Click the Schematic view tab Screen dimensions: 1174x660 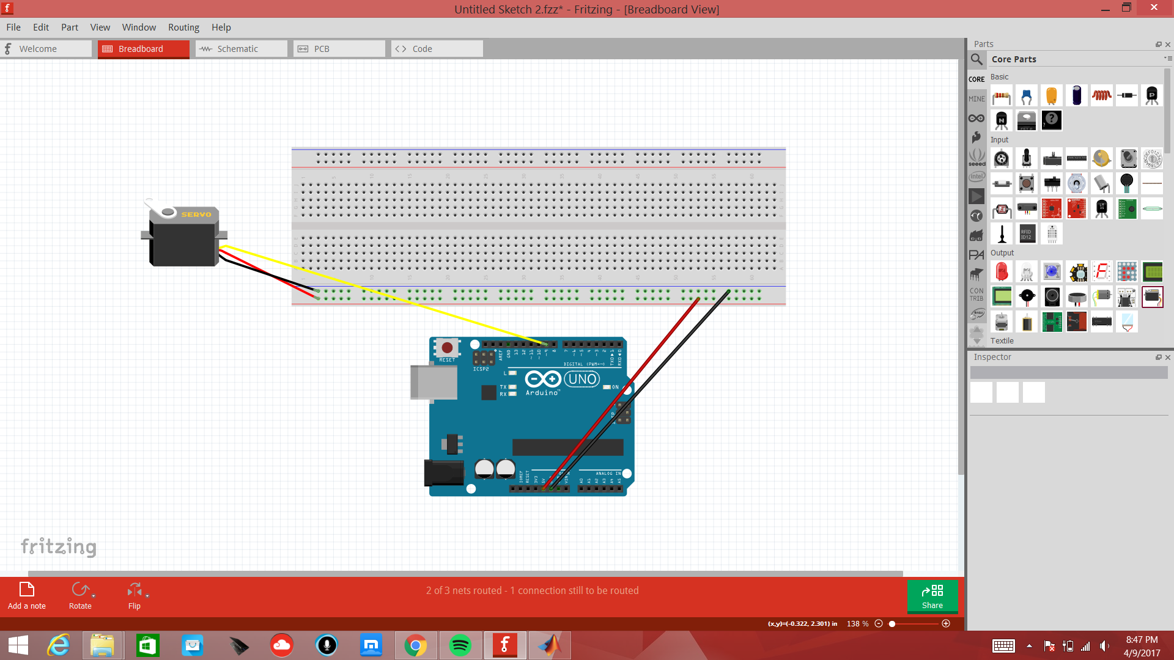tap(241, 49)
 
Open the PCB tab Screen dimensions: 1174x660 tap(339, 49)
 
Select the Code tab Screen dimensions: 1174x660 tap(437, 49)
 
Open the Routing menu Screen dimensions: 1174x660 tap(183, 28)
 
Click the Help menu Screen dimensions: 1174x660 tap(221, 28)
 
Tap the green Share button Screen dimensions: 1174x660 tap(932, 596)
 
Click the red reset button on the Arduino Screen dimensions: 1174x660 tap(447, 348)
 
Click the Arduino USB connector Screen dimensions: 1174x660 tap(434, 383)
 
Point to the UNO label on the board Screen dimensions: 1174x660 tap(581, 380)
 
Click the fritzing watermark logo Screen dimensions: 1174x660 tap(59, 546)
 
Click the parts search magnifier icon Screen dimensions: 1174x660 tap(976, 59)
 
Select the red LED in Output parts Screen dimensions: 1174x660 tap(1002, 271)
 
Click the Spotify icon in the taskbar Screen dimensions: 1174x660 tap(460, 645)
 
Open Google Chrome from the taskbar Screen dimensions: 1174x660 tap(415, 645)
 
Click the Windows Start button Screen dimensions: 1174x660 tap(18, 645)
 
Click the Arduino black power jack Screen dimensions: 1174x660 tap(443, 473)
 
